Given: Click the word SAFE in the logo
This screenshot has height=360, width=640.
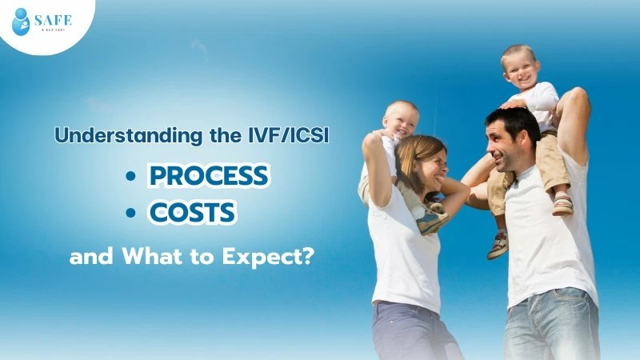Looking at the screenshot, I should click(x=54, y=19).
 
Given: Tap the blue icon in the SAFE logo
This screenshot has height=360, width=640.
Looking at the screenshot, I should click(x=22, y=22).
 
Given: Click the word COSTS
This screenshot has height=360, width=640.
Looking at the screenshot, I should click(x=191, y=213).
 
